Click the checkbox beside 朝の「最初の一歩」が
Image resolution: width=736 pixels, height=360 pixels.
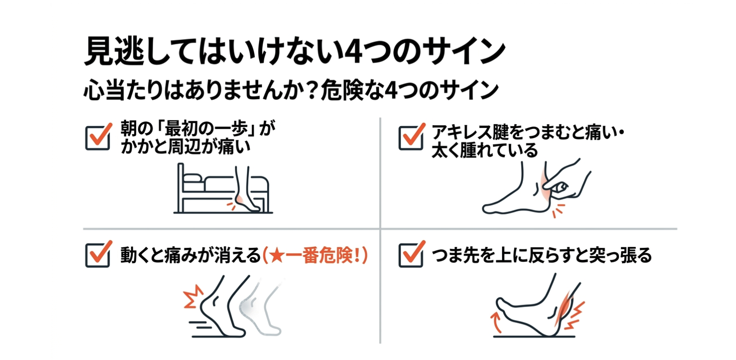98,138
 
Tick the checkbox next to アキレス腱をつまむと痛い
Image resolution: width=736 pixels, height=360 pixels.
411,138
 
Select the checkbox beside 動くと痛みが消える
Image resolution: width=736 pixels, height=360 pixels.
98,255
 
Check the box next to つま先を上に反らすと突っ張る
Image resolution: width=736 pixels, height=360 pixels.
411,255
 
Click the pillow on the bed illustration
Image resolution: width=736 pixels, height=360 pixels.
193,178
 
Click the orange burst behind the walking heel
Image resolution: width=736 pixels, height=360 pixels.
193,296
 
